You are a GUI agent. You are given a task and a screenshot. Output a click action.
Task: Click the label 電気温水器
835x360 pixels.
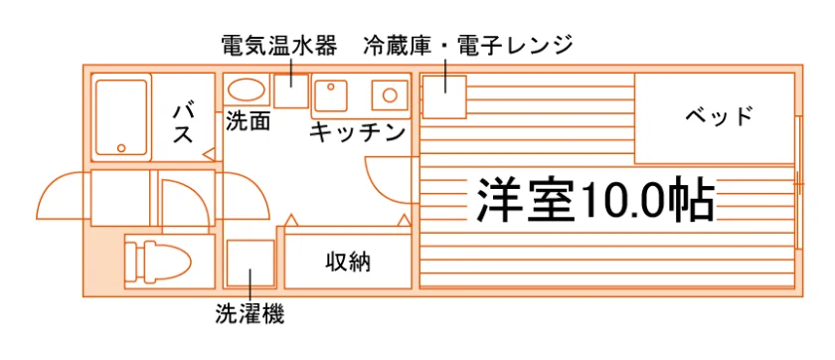click(x=279, y=47)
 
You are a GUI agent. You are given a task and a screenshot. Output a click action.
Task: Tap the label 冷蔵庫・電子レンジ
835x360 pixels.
click(x=467, y=47)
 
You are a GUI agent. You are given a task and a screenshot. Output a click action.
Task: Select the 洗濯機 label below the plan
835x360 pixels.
click(x=250, y=314)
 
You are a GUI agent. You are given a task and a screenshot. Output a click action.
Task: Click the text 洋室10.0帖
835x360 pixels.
click(x=594, y=199)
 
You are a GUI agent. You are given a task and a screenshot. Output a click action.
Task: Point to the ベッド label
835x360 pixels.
click(x=719, y=116)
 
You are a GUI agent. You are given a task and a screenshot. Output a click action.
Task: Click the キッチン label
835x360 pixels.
click(x=357, y=132)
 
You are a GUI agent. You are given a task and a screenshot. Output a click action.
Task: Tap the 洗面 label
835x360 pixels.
click(x=248, y=121)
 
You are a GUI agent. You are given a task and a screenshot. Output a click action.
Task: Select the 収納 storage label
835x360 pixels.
click(x=348, y=262)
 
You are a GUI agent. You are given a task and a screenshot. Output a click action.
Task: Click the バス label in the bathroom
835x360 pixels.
click(x=182, y=124)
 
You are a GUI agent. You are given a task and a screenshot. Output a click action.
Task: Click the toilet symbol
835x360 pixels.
click(x=158, y=262)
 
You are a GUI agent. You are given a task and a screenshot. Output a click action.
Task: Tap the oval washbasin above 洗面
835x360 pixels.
click(x=248, y=90)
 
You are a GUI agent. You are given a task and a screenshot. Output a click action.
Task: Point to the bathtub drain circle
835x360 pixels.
click(x=122, y=148)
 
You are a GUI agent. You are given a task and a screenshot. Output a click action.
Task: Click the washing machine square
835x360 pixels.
click(x=250, y=264)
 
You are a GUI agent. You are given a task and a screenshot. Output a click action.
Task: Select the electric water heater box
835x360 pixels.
click(x=291, y=90)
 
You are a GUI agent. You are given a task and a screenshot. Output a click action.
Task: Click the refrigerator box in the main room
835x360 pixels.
click(x=444, y=96)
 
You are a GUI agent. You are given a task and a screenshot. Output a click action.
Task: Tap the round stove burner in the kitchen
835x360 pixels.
click(x=390, y=95)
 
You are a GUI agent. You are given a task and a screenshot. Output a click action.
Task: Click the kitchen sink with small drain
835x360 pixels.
click(x=331, y=95)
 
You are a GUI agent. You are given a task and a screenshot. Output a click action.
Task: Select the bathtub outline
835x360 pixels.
click(x=121, y=117)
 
